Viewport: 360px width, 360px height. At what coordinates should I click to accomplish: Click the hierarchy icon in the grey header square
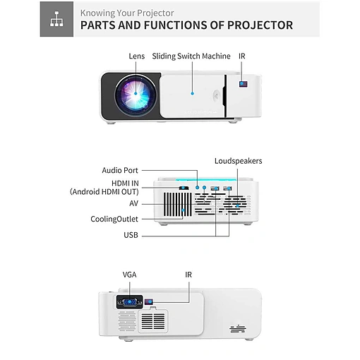56,19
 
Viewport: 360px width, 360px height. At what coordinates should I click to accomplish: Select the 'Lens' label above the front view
137,56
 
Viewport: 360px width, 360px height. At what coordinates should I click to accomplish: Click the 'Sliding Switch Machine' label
191,56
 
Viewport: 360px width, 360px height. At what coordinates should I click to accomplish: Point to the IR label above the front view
242,56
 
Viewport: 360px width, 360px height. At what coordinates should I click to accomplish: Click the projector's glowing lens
136,94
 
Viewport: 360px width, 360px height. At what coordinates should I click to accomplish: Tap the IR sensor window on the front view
244,84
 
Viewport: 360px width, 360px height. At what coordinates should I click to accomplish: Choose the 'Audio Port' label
120,170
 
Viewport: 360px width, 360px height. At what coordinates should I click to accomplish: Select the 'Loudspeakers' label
238,161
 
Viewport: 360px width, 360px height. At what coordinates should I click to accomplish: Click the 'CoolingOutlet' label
114,219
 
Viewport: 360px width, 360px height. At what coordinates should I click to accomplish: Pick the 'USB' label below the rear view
131,235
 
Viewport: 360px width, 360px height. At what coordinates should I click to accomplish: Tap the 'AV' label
133,203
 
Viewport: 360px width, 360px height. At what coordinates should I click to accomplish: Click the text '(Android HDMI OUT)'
104,192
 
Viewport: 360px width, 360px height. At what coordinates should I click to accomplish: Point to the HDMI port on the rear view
184,188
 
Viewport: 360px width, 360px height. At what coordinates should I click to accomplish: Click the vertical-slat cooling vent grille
178,205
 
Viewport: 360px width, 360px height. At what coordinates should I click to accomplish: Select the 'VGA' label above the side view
129,275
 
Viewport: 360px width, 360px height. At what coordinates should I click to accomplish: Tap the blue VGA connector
130,302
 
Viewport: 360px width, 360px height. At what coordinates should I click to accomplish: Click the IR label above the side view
188,275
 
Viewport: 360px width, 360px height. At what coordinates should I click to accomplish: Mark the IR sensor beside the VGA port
149,301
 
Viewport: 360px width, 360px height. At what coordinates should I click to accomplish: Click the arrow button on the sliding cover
217,96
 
